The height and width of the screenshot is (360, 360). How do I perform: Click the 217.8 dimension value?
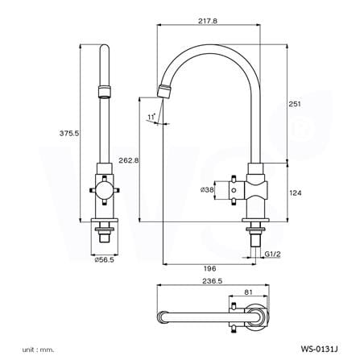208,21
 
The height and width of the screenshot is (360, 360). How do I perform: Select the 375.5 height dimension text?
69,133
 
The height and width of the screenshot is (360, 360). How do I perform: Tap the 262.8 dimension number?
129,160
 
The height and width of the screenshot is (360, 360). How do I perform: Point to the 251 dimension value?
295,104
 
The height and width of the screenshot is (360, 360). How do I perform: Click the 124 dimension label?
296,192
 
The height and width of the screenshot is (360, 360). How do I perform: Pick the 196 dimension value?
210,268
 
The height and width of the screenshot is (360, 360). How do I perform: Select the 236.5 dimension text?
213,281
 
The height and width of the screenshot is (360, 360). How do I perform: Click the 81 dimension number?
249,292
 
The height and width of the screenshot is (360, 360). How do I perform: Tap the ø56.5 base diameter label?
104,259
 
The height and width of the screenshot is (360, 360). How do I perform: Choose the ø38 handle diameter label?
207,190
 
